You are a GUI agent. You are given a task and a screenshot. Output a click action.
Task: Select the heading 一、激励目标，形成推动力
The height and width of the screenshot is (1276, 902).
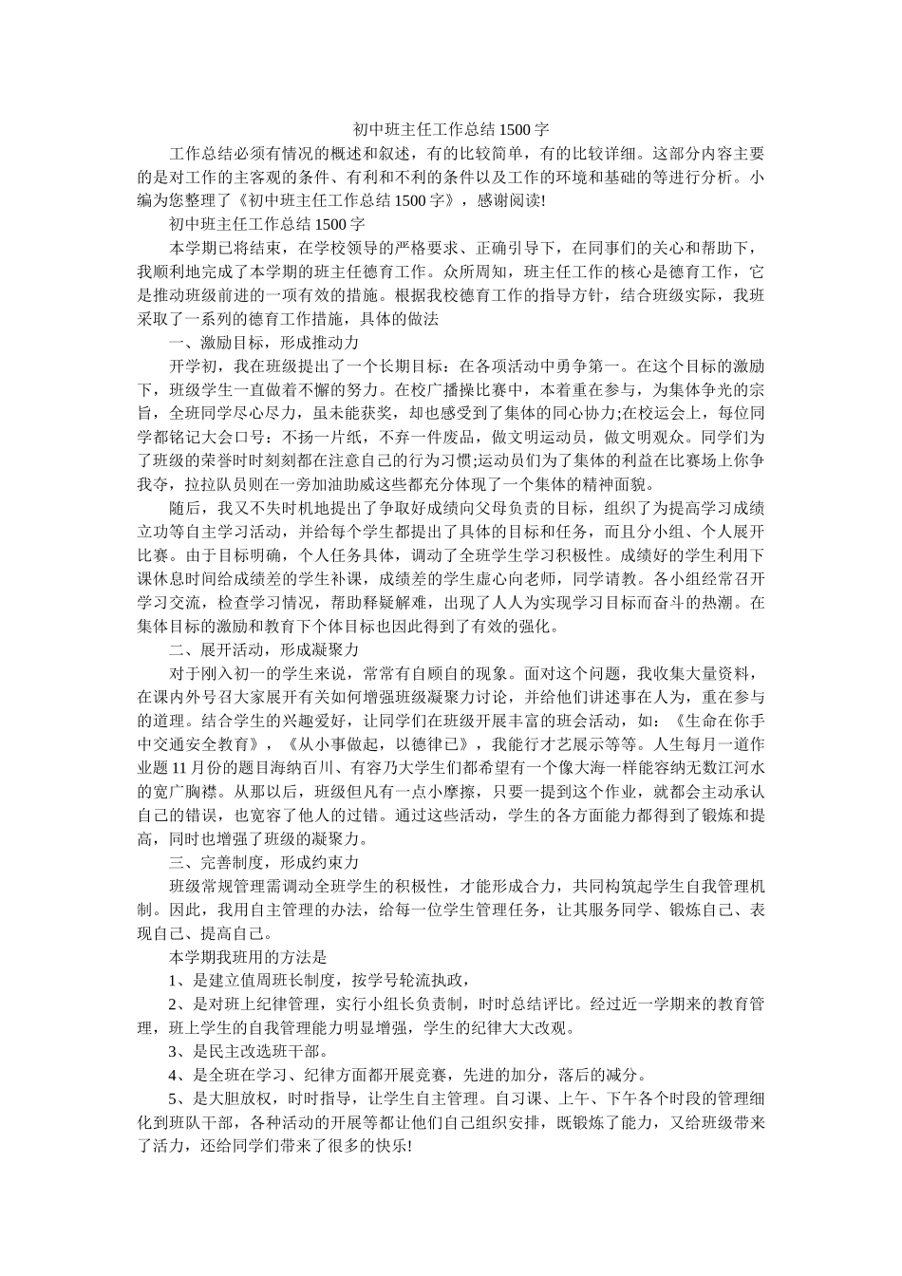(263, 342)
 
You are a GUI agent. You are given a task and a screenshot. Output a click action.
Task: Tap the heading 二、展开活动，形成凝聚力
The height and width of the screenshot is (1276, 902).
(263, 649)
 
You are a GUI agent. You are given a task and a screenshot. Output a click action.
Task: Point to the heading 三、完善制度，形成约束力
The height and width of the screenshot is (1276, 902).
(263, 862)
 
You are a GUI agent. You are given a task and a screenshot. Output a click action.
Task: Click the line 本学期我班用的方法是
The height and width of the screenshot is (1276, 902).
(248, 957)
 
